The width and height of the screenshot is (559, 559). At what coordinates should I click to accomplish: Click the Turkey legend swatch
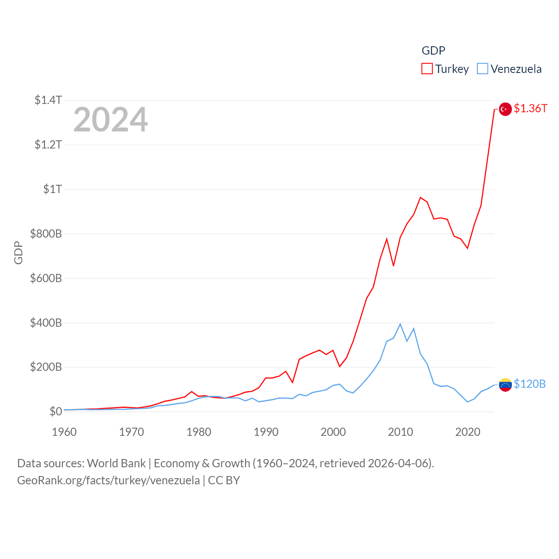coord(427,69)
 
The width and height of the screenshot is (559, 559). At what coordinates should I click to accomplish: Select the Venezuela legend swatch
coord(482,69)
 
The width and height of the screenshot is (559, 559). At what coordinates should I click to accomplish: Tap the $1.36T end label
coord(530,108)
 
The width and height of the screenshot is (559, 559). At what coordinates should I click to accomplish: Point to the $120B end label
coord(529,384)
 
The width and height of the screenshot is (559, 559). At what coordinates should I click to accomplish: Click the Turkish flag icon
coord(505,109)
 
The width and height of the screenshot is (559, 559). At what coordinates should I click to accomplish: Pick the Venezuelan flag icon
coord(505,385)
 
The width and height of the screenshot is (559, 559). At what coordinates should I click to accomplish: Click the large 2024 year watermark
coord(110,120)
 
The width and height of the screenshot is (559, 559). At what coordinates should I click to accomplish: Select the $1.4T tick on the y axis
coord(48,100)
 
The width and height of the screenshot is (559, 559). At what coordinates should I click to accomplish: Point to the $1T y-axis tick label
coord(52,189)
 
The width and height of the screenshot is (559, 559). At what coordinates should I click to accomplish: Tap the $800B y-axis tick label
coord(46,234)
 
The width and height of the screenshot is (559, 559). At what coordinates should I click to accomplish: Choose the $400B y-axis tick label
coord(46,323)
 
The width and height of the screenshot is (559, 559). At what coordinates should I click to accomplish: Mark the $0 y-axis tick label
coord(55,411)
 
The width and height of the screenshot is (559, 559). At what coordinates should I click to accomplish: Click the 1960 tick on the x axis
coord(64,432)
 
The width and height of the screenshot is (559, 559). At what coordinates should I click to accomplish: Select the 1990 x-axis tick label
coord(266,432)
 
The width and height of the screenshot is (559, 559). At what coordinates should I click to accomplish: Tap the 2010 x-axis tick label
coord(400,432)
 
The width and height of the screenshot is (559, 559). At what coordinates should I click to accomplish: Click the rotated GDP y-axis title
coord(18,252)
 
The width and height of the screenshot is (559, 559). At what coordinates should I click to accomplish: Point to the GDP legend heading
coord(433,51)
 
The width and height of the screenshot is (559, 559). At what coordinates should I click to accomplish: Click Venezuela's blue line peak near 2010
coord(400,324)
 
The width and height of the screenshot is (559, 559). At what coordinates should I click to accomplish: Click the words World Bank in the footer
coord(116,463)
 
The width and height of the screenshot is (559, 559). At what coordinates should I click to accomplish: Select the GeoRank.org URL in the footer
coord(108,480)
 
